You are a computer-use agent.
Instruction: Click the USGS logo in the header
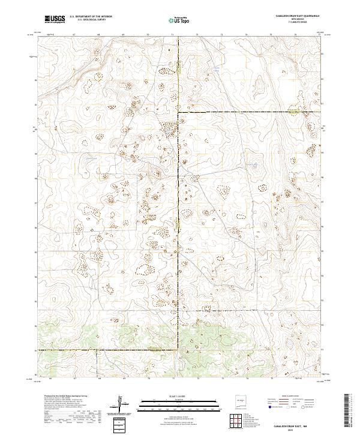(55, 19)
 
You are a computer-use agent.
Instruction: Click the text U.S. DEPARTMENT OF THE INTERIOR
(91, 17)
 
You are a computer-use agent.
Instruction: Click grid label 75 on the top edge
(271, 35)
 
